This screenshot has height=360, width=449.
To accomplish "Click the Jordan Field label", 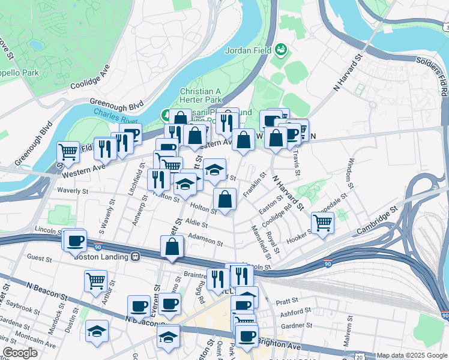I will point(249,50).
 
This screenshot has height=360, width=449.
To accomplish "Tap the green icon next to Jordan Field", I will point(280,48).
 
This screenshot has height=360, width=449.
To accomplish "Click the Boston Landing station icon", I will point(136,256).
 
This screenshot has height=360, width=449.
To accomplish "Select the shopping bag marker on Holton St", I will point(225,199).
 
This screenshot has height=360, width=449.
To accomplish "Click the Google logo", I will point(20,353).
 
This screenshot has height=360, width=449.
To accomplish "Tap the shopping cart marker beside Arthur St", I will point(95,281).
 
